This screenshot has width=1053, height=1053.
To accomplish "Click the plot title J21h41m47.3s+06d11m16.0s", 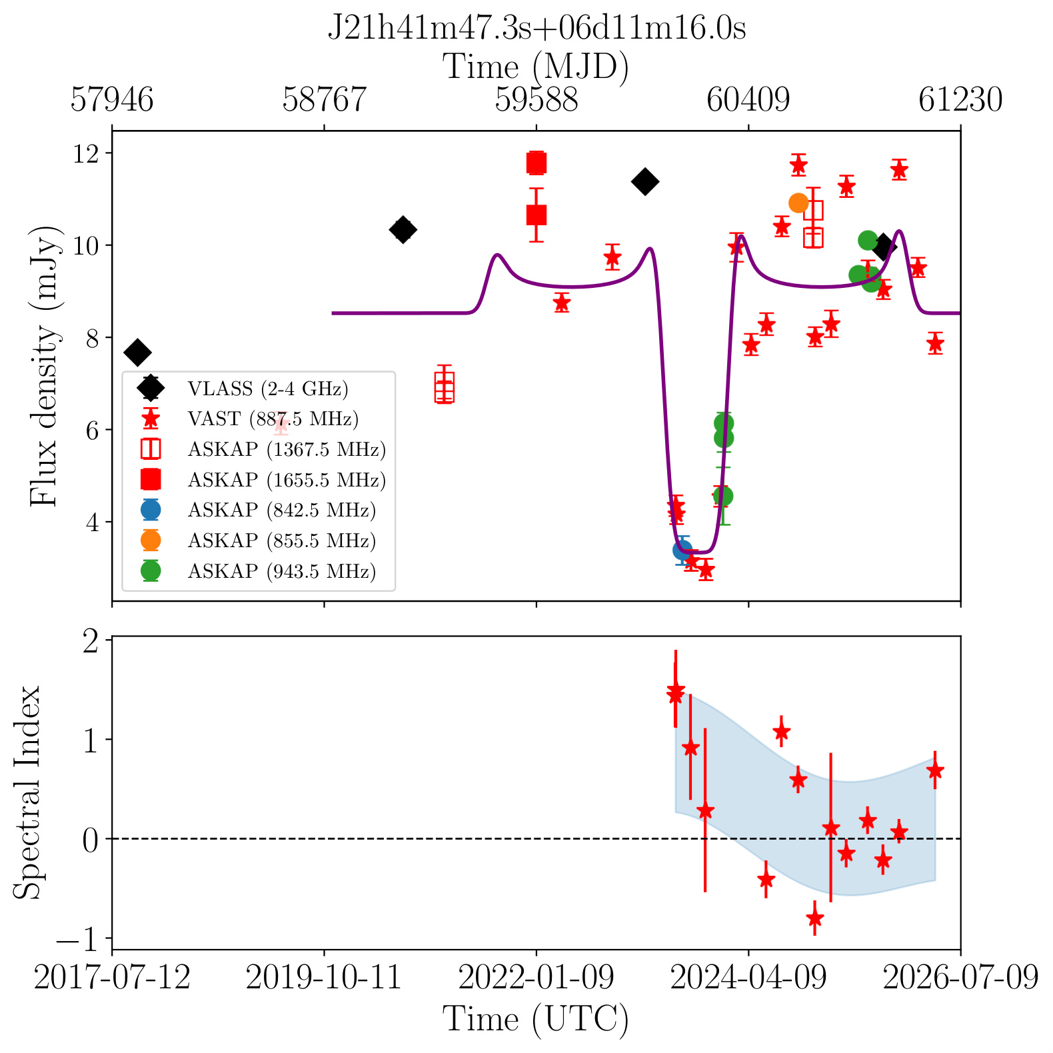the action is click(x=536, y=28).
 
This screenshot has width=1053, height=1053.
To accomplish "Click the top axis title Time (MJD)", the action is click(x=536, y=67).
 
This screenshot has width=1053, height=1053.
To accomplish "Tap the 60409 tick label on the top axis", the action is click(x=748, y=100).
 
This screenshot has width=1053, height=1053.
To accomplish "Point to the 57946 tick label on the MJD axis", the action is click(x=112, y=100).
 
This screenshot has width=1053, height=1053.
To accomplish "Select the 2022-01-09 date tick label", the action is click(x=536, y=978).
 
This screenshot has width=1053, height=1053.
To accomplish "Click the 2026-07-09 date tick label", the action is click(x=961, y=978).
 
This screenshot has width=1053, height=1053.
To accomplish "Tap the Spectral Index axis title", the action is click(x=27, y=792).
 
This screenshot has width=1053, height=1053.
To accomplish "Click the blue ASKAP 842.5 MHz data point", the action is click(x=682, y=550).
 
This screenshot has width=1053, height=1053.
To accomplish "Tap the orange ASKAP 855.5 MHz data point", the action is click(x=798, y=203).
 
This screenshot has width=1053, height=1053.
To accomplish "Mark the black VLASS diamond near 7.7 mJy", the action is click(x=137, y=353).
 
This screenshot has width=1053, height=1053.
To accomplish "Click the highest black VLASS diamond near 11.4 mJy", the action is click(x=645, y=181).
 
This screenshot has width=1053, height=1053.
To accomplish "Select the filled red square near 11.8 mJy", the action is click(x=536, y=163).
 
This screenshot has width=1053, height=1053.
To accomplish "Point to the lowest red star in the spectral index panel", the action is click(x=814, y=918).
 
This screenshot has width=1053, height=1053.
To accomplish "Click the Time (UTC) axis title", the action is click(x=536, y=1020).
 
